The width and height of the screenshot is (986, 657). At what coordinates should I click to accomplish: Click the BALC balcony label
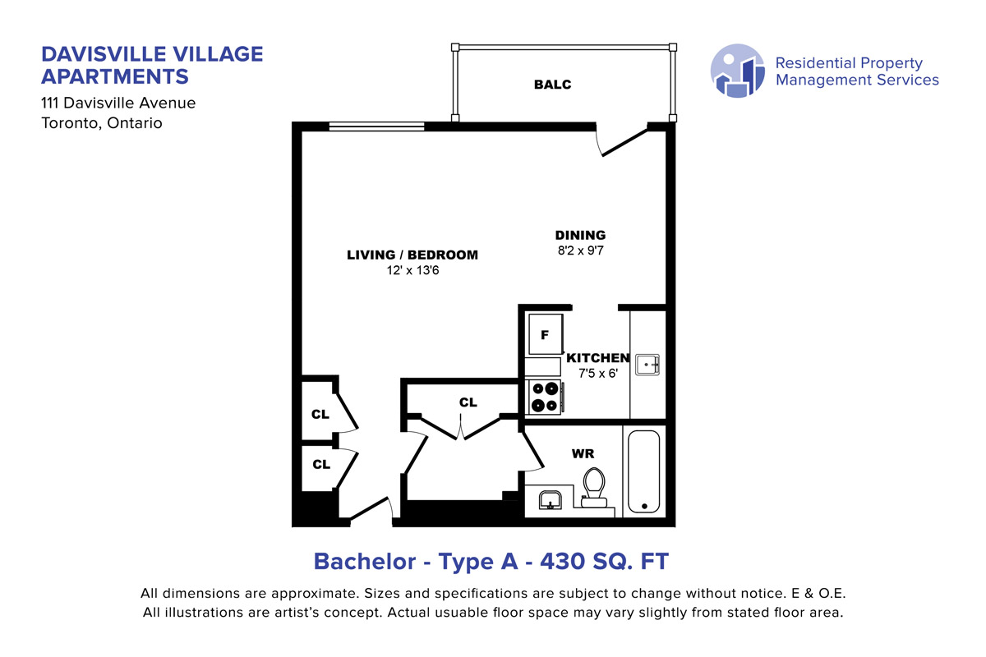552,85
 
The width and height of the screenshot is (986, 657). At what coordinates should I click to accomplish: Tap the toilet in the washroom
594,488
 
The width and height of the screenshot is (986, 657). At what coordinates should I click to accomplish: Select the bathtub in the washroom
643,471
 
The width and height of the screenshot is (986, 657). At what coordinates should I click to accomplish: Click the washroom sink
551,500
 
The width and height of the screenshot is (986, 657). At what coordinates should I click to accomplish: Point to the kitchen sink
647,365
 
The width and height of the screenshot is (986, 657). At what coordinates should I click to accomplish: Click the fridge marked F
546,334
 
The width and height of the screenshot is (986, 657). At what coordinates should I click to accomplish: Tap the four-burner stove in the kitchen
545,397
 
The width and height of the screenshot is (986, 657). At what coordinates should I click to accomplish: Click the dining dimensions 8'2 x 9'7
581,250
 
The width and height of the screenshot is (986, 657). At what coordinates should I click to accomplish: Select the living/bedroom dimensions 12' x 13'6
412,270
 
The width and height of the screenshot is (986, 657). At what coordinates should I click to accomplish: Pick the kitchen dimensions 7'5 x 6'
598,374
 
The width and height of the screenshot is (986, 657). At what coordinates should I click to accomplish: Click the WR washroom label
583,453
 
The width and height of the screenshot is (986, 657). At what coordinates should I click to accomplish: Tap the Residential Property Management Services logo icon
738,71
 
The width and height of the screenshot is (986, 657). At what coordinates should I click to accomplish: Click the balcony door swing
621,140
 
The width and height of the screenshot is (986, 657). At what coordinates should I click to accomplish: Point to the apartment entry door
369,508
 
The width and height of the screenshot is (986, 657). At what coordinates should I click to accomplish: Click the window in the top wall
377,126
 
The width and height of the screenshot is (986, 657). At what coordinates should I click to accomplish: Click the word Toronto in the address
71,123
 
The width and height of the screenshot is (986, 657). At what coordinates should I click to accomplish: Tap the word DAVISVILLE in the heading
104,54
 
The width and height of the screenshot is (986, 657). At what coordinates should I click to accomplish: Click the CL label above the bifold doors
468,402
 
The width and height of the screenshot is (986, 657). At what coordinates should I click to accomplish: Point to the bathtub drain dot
644,506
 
